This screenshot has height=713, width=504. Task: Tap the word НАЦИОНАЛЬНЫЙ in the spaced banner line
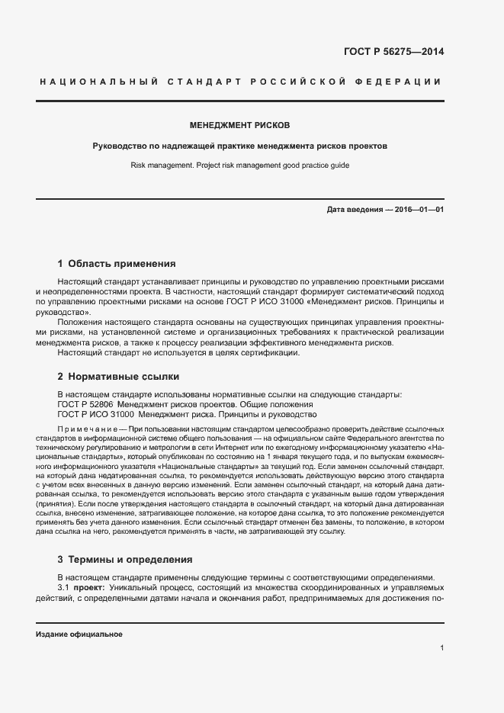[x=98, y=82]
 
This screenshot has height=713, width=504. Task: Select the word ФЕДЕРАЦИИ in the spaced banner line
[x=404, y=82]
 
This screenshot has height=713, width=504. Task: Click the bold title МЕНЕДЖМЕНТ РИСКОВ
[x=239, y=125]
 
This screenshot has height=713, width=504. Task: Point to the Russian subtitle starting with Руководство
[x=239, y=145]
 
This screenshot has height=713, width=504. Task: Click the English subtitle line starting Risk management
[x=239, y=165]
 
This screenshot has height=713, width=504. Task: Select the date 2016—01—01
[x=420, y=209]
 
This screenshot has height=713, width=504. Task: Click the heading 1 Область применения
[x=117, y=264]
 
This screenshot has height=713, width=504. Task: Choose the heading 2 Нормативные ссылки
[x=118, y=376]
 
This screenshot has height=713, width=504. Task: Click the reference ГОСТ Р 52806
[x=85, y=404]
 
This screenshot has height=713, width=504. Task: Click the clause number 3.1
[x=64, y=588]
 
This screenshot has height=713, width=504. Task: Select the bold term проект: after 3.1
[x=90, y=588]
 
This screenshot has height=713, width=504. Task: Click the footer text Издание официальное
[x=79, y=634]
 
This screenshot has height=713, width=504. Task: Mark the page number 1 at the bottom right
[x=441, y=648]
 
